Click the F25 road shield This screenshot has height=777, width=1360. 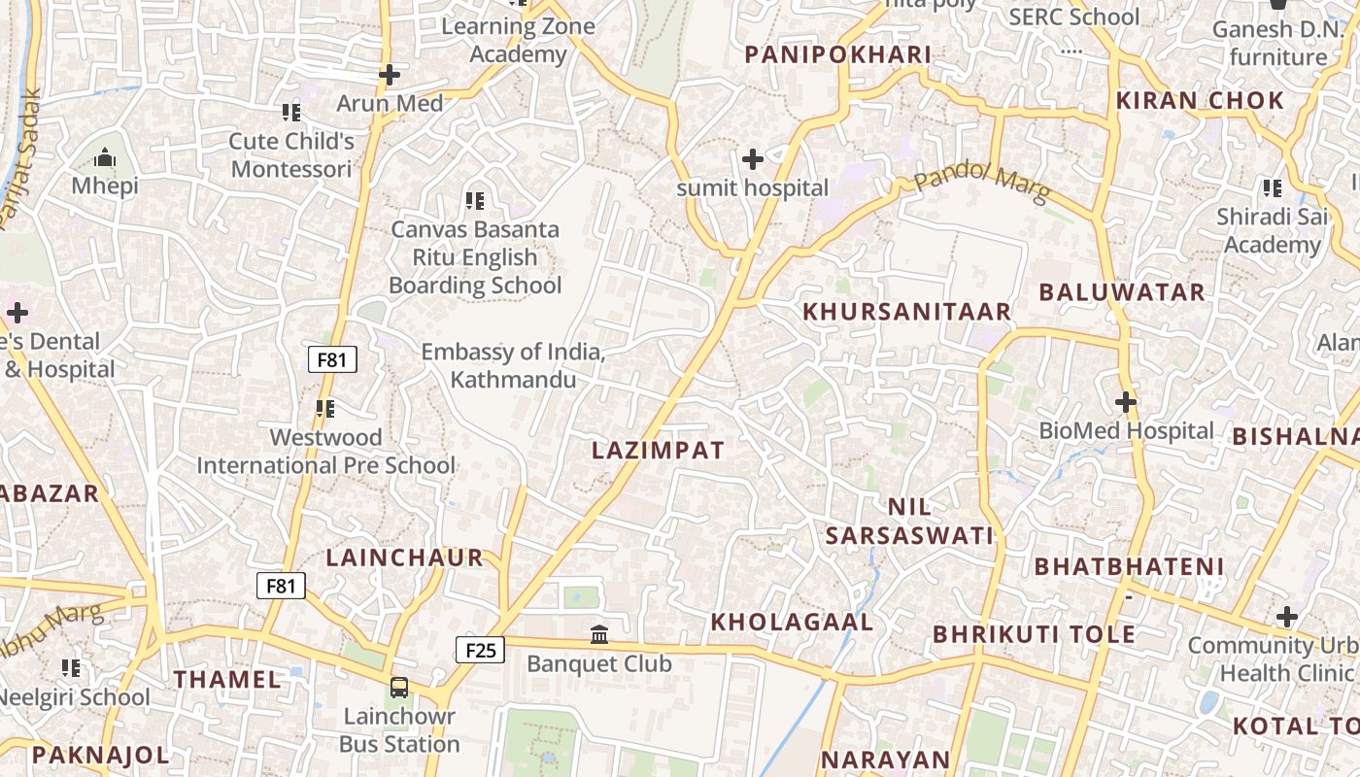click(481, 650)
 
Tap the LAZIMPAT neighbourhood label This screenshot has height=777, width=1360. click(659, 450)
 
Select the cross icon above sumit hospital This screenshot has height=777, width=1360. click(752, 158)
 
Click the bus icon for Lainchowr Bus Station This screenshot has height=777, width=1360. click(399, 688)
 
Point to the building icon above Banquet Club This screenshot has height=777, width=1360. click(599, 635)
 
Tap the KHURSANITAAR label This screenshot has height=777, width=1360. click(907, 311)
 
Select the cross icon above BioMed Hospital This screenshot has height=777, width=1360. click(1126, 401)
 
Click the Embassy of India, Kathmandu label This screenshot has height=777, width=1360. click(513, 365)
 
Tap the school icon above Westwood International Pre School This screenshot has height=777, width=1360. click(324, 409)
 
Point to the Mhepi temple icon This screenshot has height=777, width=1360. click(105, 157)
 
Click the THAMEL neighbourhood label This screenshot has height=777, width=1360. click(227, 679)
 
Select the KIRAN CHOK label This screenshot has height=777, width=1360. click(1200, 100)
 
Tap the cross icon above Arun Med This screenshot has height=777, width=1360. click(390, 75)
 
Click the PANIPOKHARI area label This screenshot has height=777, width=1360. click(838, 54)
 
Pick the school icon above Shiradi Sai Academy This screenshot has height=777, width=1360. click(1272, 187)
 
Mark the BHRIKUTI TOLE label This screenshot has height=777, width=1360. click(1034, 634)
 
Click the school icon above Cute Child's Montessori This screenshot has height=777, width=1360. click(290, 114)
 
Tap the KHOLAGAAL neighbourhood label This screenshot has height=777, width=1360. click(793, 622)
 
